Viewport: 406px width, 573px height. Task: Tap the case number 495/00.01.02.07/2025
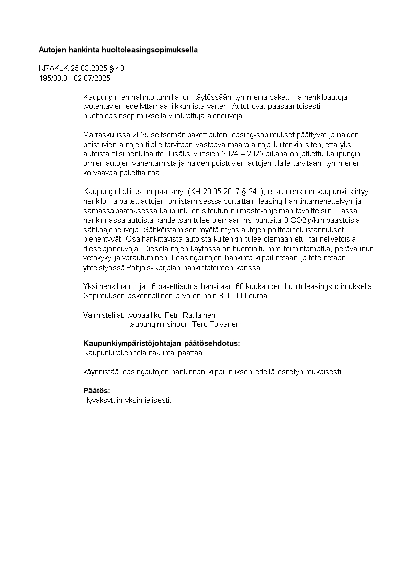pos(75,78)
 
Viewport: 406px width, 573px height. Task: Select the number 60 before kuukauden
pos(240,286)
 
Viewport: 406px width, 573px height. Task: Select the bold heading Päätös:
pos(97,391)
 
